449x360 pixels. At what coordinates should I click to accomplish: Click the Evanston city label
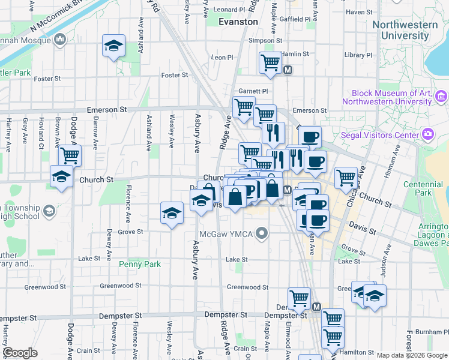(x=238, y=21)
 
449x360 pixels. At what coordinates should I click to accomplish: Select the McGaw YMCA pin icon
(x=261, y=233)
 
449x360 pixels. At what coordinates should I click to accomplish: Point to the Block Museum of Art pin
(x=441, y=96)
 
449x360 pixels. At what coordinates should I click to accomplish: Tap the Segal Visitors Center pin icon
(x=427, y=134)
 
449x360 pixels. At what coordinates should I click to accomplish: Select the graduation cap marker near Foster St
(x=112, y=47)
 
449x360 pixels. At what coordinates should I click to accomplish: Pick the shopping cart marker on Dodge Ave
(x=70, y=156)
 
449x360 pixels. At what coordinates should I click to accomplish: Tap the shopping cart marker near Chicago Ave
(x=346, y=177)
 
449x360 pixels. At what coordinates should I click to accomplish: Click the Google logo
(x=20, y=353)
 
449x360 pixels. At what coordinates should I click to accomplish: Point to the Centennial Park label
(x=435, y=188)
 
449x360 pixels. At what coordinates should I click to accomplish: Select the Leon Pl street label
(x=221, y=58)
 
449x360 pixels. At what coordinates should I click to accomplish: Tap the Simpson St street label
(x=265, y=41)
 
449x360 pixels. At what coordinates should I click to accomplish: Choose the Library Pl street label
(x=358, y=55)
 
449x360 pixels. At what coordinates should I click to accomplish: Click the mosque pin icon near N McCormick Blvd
(x=59, y=40)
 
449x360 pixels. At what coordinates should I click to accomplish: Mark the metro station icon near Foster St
(x=288, y=70)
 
